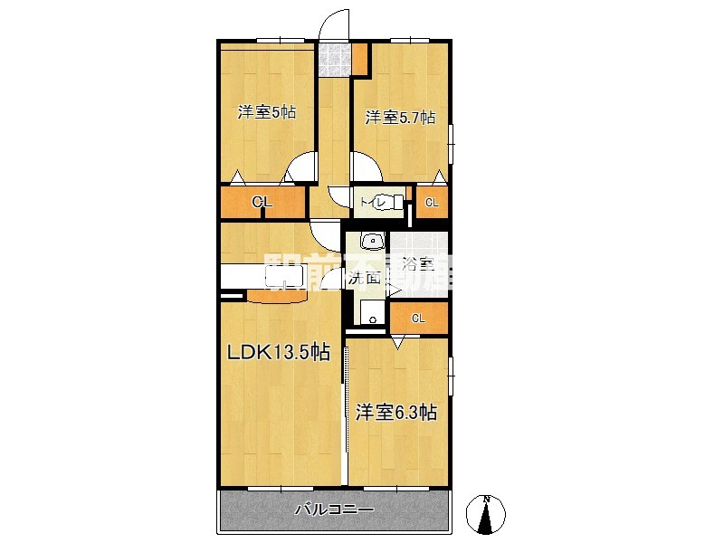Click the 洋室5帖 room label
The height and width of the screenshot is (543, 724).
pyautogui.click(x=267, y=113)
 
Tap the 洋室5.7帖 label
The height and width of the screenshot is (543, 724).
pyautogui.click(x=400, y=118)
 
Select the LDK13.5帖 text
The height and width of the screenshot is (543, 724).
pyautogui.click(x=277, y=354)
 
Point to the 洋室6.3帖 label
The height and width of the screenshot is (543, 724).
pyautogui.click(x=396, y=413)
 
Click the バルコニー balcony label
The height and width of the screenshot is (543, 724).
pyautogui.click(x=334, y=510)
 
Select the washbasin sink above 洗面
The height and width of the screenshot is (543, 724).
pyautogui.click(x=372, y=242)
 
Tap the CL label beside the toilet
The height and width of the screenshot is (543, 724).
pyautogui.click(x=432, y=203)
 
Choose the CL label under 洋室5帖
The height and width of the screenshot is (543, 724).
pyautogui.click(x=262, y=203)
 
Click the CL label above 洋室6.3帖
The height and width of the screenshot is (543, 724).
pyautogui.click(x=418, y=318)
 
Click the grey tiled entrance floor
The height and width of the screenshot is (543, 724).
pyautogui.click(x=335, y=61)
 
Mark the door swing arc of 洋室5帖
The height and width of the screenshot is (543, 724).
pyautogui.click(x=300, y=168)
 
